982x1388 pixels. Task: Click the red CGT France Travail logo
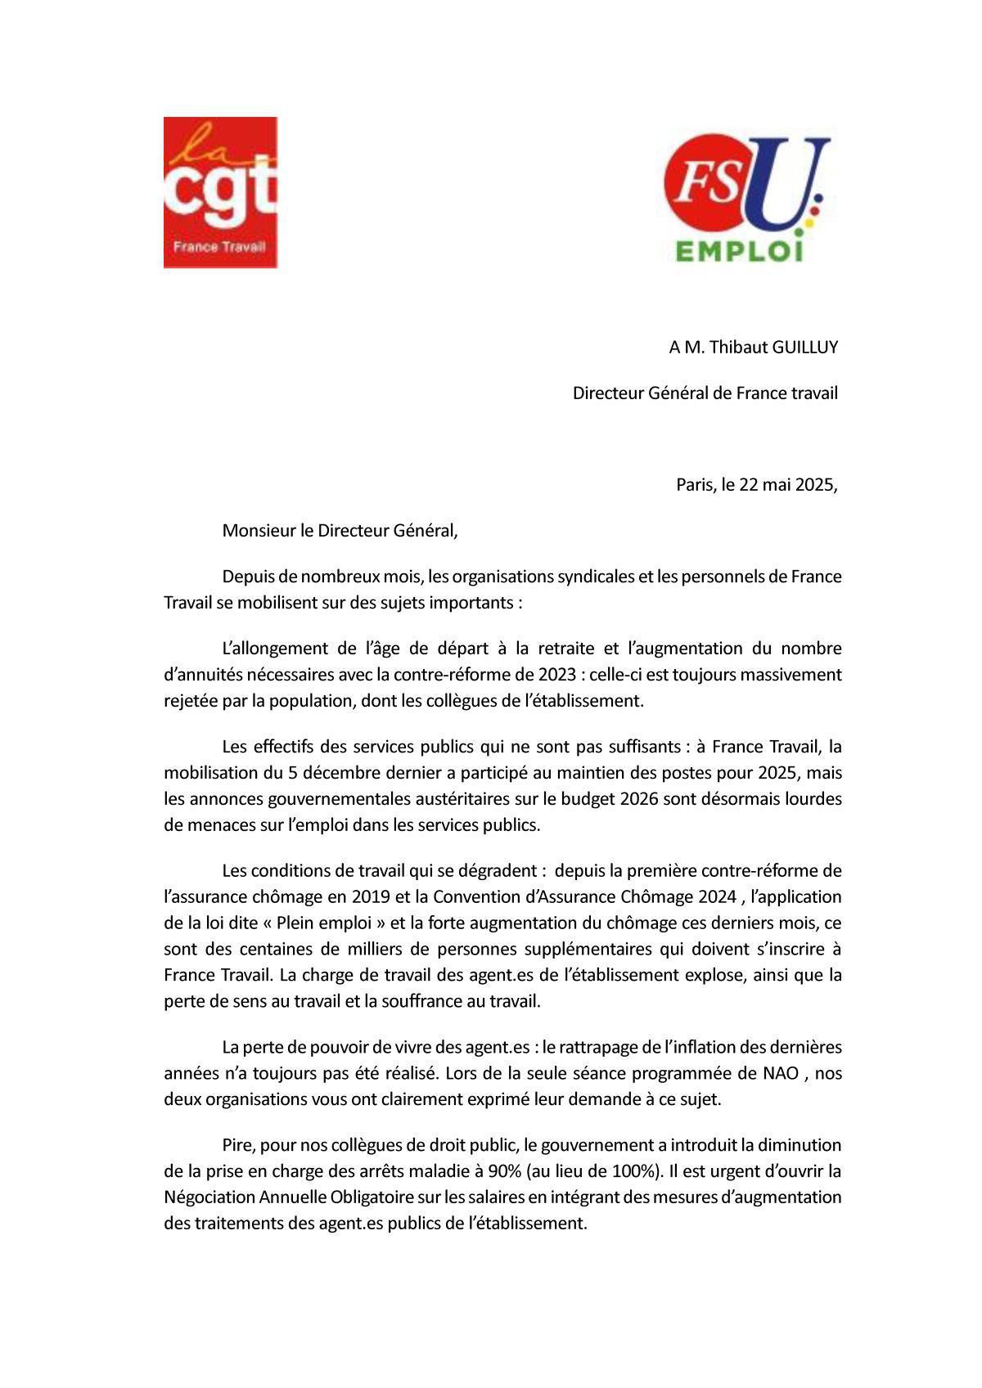pos(220,192)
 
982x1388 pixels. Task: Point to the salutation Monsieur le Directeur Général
pos(340,531)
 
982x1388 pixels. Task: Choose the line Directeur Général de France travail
pos(705,393)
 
